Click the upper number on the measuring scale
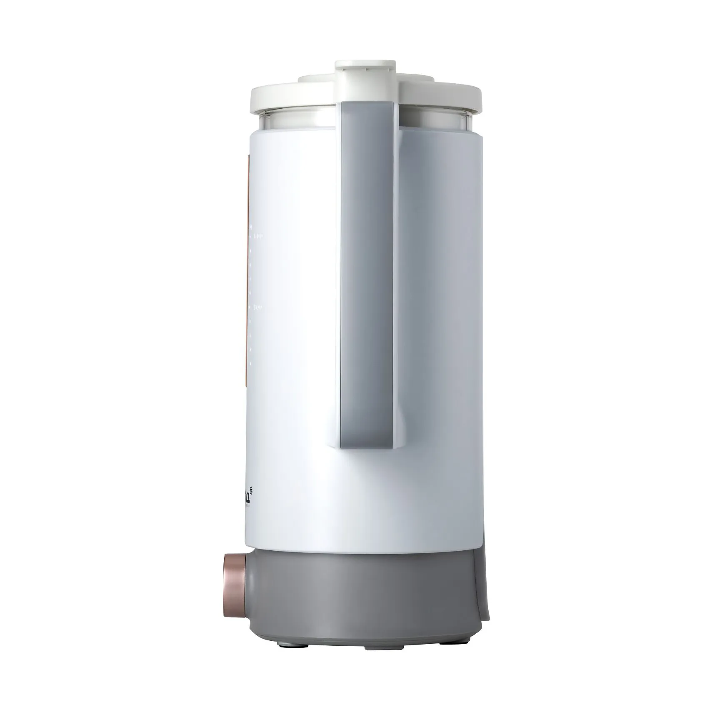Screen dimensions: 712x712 (x=258, y=236)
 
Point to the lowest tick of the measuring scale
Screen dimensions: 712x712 (x=250, y=363)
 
